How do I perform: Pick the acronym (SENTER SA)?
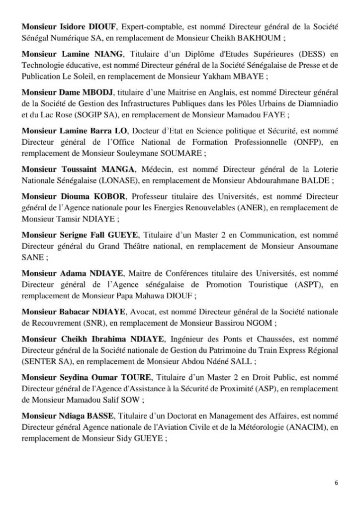pyautogui.click(x=42, y=361)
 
